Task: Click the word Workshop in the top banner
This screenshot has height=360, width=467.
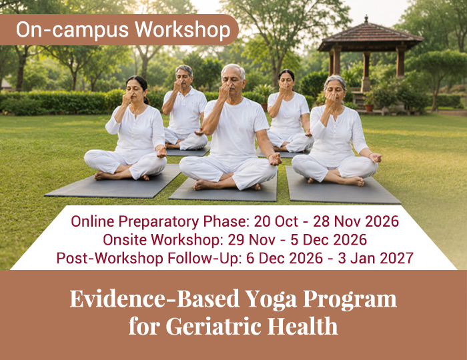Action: pos(182,31)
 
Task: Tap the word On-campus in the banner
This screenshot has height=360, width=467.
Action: pos(72,30)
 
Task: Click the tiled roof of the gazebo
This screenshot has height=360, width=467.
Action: pos(370,34)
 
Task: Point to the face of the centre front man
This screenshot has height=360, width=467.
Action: pos(231,81)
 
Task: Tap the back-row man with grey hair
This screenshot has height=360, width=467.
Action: pos(185,109)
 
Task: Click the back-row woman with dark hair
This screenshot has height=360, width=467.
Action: pos(289,111)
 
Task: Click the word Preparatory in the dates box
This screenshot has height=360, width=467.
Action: pos(159,222)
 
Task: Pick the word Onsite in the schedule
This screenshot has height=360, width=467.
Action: pos(125,239)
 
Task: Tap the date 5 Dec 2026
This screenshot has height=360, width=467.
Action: pos(328,239)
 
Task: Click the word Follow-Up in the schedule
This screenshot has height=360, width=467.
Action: pos(205,258)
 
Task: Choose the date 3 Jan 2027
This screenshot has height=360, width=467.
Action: pos(376,258)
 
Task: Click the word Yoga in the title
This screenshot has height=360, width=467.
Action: pos(271,299)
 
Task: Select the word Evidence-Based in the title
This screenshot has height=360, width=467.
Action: pos(155,299)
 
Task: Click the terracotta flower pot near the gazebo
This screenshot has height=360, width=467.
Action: pos(369,107)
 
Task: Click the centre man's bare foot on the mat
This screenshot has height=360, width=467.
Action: pos(206,185)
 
